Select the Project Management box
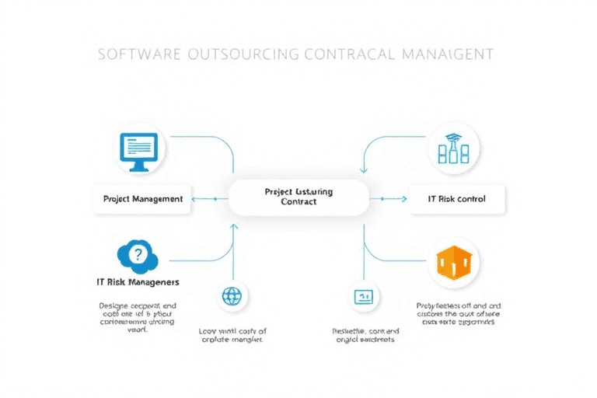pos(143,198)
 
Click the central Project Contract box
pos(298,197)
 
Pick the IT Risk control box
pos(457,198)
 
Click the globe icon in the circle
pos(232,295)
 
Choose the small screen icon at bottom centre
pos(363,296)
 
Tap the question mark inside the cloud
pos(138,253)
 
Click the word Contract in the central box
pos(299,202)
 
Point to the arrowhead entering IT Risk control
pos(403,198)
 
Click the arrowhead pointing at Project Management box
pos(194,198)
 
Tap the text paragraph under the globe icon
pos(232,335)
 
